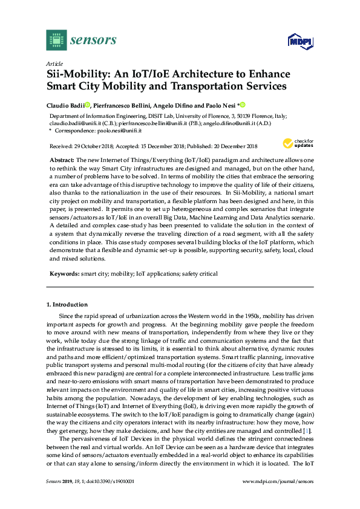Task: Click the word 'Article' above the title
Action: point(55,63)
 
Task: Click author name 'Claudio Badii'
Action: point(65,105)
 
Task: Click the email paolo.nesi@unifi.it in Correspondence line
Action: point(120,131)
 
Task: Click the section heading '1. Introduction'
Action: point(67,305)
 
